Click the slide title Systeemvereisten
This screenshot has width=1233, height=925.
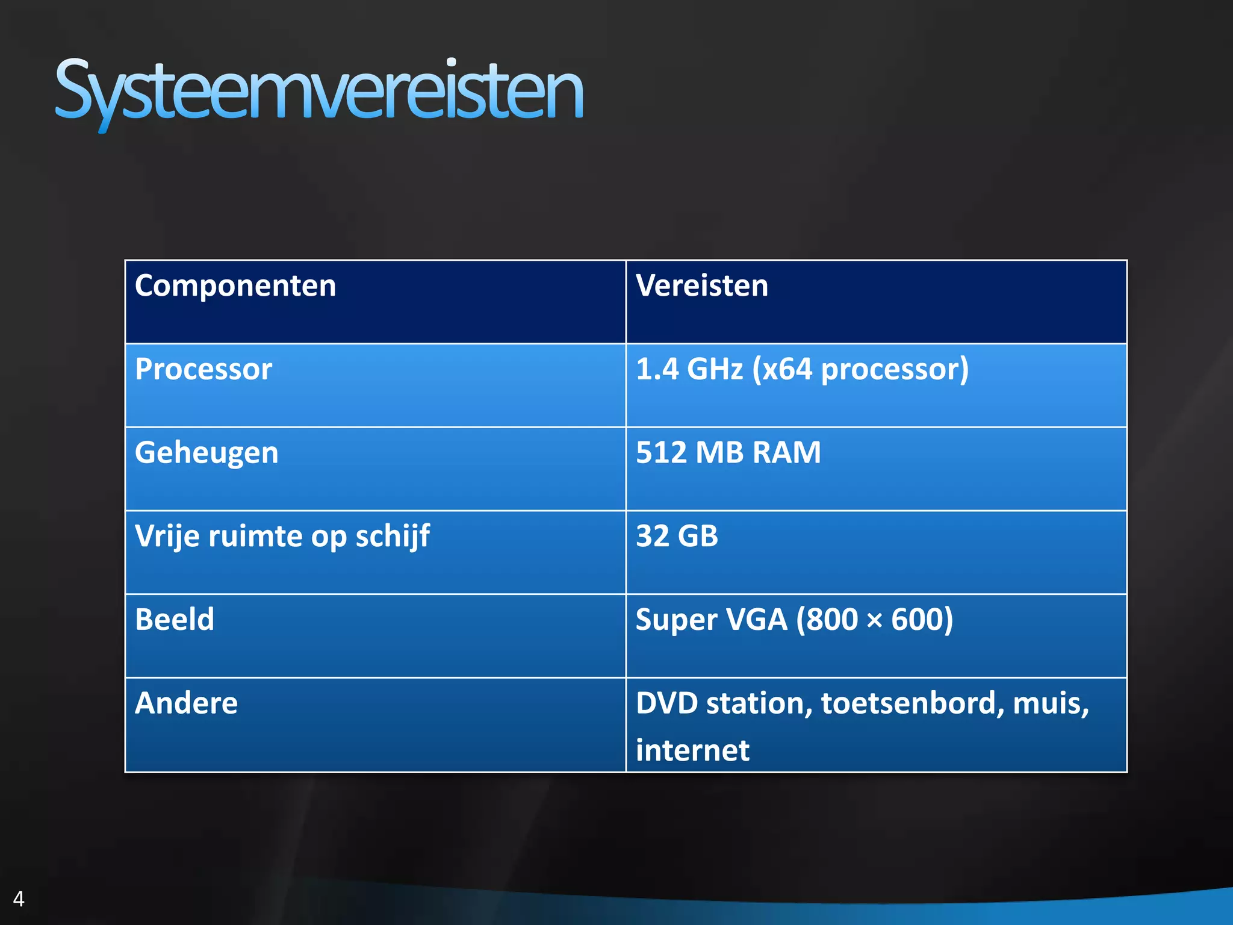319,90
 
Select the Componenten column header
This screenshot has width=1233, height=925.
235,285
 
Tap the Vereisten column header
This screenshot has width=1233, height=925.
702,285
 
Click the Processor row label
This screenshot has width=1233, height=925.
203,369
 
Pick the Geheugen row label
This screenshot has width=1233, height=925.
207,453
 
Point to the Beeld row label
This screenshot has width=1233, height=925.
175,620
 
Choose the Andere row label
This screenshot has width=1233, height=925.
187,703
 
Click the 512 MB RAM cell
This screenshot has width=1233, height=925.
728,453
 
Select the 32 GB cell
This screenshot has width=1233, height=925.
677,536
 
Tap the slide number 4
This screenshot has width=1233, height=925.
19,899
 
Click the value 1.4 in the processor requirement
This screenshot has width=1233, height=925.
657,369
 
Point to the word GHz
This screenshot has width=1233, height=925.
715,369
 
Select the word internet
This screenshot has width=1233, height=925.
692,750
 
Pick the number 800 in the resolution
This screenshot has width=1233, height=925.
831,620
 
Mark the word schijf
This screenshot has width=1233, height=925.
393,536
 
